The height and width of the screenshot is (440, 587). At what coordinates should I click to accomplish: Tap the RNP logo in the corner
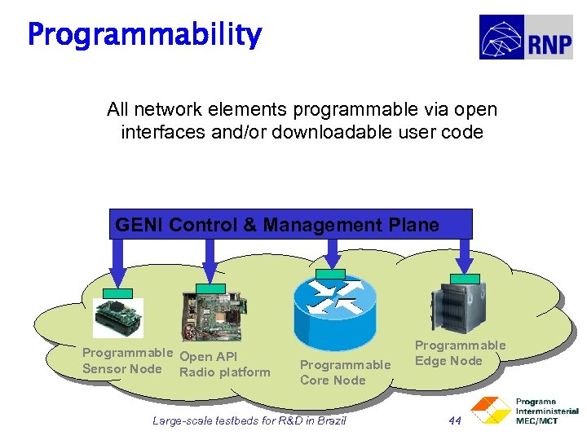point(525,37)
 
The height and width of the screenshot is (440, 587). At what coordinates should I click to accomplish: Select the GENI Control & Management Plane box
point(290,224)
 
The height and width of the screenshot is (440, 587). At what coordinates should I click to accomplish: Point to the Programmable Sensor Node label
point(126,361)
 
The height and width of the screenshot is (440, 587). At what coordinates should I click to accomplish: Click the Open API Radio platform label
point(224,364)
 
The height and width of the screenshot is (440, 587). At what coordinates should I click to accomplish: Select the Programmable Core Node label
point(345,372)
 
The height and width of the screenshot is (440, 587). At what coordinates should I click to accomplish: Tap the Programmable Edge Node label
point(460,353)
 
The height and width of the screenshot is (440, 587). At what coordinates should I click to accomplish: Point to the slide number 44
point(455,420)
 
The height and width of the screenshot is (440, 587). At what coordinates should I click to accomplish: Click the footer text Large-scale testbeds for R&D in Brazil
point(249,420)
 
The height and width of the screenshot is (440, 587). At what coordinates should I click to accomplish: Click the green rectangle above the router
point(330,272)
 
